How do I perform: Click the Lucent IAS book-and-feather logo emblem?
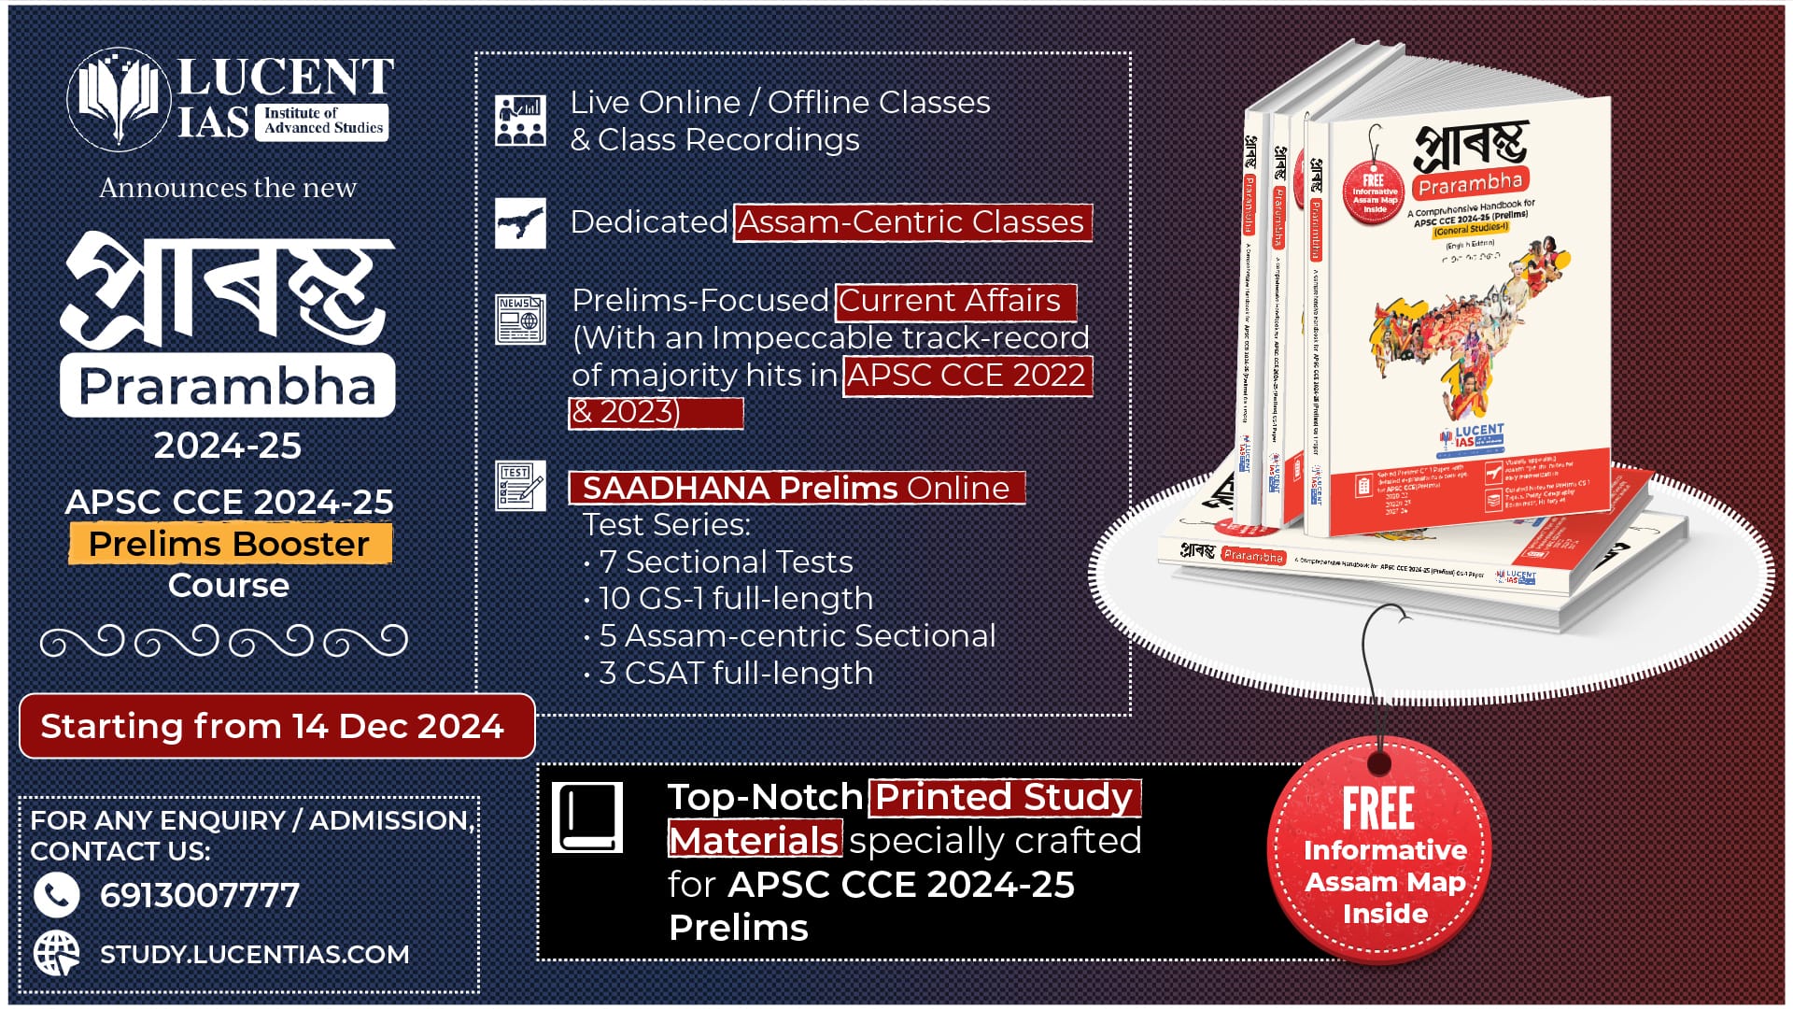coord(118,99)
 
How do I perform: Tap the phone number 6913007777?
coord(199,896)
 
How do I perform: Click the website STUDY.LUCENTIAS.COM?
coord(254,955)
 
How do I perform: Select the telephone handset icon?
coord(56,895)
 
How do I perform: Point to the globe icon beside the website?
coord(56,954)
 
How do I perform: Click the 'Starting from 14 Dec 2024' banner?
coord(276,726)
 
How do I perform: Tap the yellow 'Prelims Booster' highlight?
coord(230,544)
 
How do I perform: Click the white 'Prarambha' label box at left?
coord(227,386)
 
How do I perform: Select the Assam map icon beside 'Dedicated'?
coord(520,222)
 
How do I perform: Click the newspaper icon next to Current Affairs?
coord(520,320)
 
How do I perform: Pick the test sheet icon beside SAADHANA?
coord(520,486)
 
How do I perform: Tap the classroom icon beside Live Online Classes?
coord(520,120)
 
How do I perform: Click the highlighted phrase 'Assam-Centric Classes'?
coord(911,222)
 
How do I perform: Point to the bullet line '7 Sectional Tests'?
coord(725,561)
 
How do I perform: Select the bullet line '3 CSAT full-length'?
coord(735,673)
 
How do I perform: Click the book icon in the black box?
coord(586,817)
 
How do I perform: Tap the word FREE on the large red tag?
coord(1378,808)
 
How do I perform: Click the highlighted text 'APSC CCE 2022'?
coord(967,376)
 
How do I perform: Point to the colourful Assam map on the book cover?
coord(1466,327)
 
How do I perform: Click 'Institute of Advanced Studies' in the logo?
coord(323,121)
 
